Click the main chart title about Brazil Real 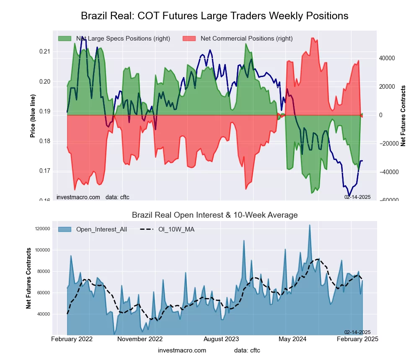click(x=215, y=16)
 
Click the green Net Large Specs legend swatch click(x=65, y=39)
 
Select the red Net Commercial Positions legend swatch click(x=189, y=39)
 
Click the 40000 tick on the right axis click(x=387, y=58)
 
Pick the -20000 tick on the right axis click(x=388, y=144)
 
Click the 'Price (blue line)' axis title click(x=33, y=116)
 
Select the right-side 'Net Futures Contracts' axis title click(x=403, y=116)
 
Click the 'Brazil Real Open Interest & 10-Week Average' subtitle click(x=215, y=215)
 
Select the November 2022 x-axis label click(x=140, y=339)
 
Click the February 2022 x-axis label click(x=72, y=339)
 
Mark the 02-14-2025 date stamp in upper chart click(x=357, y=197)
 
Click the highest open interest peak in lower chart click(x=310, y=225)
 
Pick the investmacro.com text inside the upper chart click(x=78, y=197)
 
